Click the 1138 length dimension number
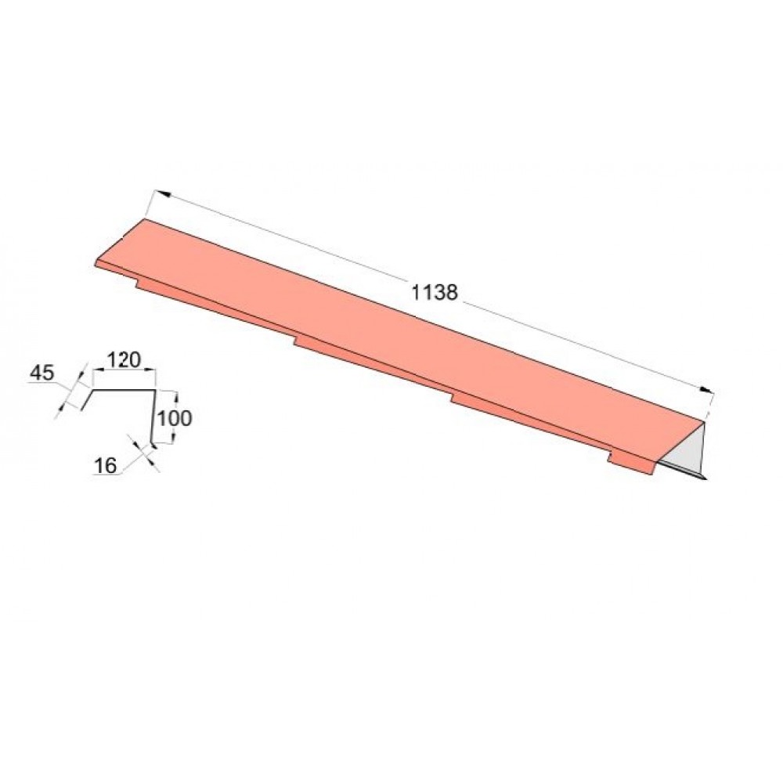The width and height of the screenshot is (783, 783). click(x=434, y=292)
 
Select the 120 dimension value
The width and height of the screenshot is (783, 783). click(x=124, y=359)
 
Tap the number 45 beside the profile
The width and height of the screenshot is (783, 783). click(x=42, y=373)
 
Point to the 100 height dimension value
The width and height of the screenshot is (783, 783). click(x=175, y=418)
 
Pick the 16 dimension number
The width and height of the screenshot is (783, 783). click(x=105, y=465)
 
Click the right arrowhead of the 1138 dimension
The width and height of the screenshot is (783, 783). click(x=706, y=389)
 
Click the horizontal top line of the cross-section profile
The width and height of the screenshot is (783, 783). click(x=124, y=390)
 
